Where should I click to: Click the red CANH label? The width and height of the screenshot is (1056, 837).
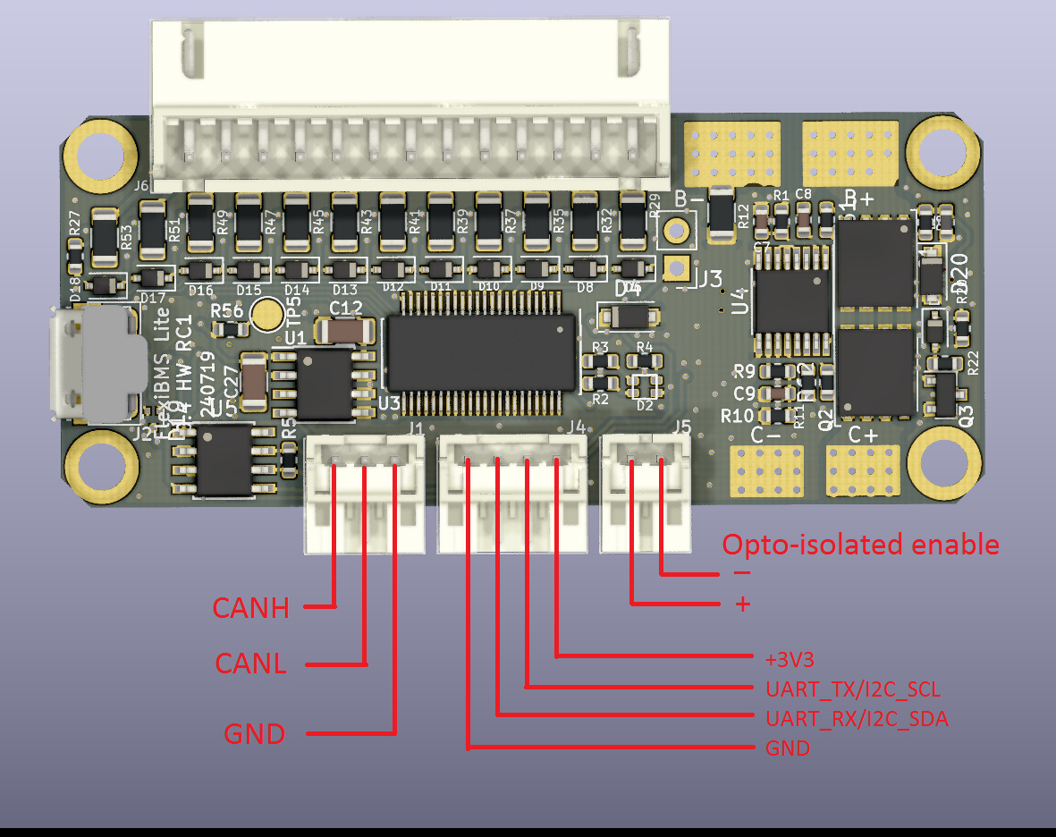pos(251,608)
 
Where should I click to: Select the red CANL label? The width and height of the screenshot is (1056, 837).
pos(250,664)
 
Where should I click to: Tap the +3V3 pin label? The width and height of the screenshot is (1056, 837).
pos(790,659)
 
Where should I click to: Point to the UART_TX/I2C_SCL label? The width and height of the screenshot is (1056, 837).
pos(852,689)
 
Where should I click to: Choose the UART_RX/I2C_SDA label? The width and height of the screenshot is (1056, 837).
pos(857,718)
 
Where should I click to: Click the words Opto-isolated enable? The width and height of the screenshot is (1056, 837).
pos(860,544)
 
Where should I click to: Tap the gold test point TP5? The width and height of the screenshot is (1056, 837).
pos(266,314)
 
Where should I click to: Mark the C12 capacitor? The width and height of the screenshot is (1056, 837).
pos(345,331)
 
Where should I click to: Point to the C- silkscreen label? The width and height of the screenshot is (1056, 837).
pos(766,435)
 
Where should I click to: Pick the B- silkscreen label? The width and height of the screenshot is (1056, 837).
pos(689,199)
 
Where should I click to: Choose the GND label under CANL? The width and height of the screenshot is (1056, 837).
pos(254,734)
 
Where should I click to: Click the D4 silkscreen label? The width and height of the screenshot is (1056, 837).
pos(629,287)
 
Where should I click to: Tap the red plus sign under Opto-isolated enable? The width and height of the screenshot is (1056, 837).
pos(742,604)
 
